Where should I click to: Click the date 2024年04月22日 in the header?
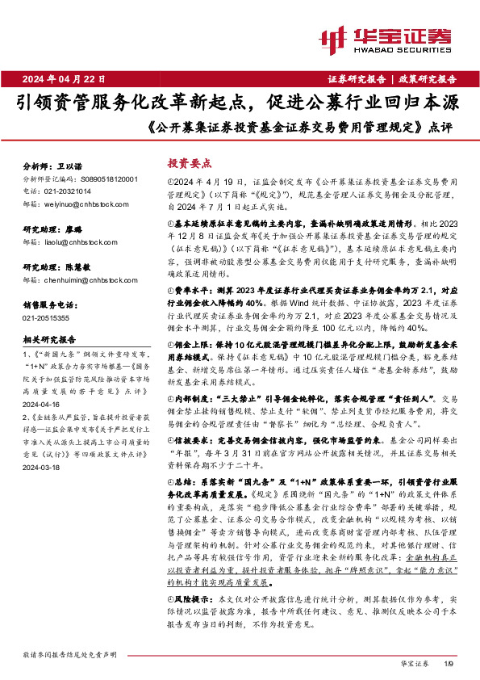click(69, 79)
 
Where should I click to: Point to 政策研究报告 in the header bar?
click(428, 79)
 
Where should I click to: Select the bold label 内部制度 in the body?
click(190, 398)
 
